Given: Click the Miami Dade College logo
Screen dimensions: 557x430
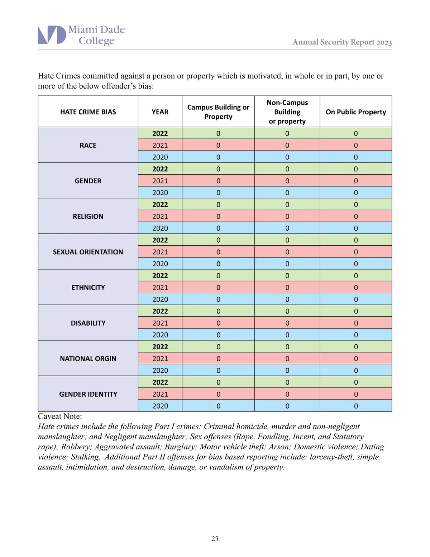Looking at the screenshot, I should pyautogui.click(x=81, y=35).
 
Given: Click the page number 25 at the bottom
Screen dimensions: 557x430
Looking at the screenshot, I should pyautogui.click(x=215, y=538).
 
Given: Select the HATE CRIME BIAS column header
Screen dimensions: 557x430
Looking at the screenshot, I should pyautogui.click(x=88, y=112).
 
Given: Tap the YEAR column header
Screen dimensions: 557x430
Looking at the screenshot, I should pyautogui.click(x=160, y=112).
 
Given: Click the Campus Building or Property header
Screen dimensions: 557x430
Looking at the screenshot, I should pyautogui.click(x=218, y=112).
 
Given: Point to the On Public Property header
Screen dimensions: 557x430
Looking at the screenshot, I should pyautogui.click(x=356, y=112).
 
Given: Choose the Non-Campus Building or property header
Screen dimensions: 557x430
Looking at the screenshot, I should pyautogui.click(x=287, y=112).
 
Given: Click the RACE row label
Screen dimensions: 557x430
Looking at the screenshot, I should pyautogui.click(x=88, y=145).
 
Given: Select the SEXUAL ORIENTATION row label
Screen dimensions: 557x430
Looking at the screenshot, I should pyautogui.click(x=88, y=252).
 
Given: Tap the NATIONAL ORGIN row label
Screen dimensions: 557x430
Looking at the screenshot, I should pyautogui.click(x=88, y=359).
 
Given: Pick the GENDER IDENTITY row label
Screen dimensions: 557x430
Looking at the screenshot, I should pyautogui.click(x=88, y=394).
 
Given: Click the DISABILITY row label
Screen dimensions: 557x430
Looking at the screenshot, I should pyautogui.click(x=88, y=323).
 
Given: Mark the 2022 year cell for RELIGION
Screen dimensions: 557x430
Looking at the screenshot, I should pyautogui.click(x=160, y=204).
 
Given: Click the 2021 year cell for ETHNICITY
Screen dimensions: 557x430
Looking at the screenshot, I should pyautogui.click(x=160, y=287).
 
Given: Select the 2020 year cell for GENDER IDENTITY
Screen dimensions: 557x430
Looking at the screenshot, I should pyautogui.click(x=160, y=406).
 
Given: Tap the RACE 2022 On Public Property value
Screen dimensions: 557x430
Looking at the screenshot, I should pyautogui.click(x=356, y=133).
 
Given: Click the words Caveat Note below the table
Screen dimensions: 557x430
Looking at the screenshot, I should pyautogui.click(x=60, y=416).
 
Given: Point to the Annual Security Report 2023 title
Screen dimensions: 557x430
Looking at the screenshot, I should pyautogui.click(x=342, y=42).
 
